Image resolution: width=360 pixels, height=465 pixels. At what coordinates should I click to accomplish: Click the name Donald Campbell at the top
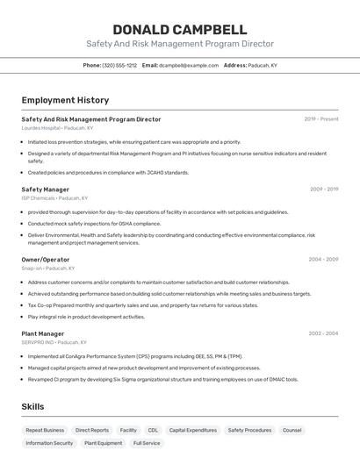(180, 29)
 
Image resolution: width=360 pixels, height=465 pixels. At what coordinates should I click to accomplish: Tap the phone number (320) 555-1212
(119, 65)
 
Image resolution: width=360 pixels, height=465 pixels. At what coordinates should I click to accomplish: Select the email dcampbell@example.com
(188, 65)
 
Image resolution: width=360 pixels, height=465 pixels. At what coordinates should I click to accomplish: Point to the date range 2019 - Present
(321, 119)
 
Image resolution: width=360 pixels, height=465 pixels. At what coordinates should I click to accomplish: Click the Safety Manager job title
(45, 190)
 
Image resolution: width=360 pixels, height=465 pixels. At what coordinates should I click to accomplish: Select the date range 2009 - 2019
(324, 190)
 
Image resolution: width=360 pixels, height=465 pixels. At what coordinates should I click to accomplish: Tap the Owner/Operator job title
(46, 260)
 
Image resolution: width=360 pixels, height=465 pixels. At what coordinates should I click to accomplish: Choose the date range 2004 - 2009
(323, 260)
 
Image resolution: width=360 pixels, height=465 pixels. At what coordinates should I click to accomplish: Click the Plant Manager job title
(43, 334)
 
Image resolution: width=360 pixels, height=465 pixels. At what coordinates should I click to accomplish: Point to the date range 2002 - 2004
(323, 334)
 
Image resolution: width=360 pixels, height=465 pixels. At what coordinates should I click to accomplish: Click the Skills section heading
(32, 407)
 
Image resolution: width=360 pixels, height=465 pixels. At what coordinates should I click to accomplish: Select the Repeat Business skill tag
(45, 431)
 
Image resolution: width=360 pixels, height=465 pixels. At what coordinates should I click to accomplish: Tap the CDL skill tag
(153, 431)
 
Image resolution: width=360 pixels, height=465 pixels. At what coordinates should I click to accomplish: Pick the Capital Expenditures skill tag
(193, 431)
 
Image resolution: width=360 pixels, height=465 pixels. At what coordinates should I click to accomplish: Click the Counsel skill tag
(292, 431)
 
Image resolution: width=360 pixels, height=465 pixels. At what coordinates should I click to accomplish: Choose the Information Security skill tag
(49, 443)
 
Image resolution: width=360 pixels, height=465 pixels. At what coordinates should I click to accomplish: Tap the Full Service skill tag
(147, 443)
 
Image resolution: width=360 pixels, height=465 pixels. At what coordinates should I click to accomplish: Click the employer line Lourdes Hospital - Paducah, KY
(57, 128)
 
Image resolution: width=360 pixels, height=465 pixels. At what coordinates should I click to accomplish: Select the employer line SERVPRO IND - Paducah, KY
(54, 343)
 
